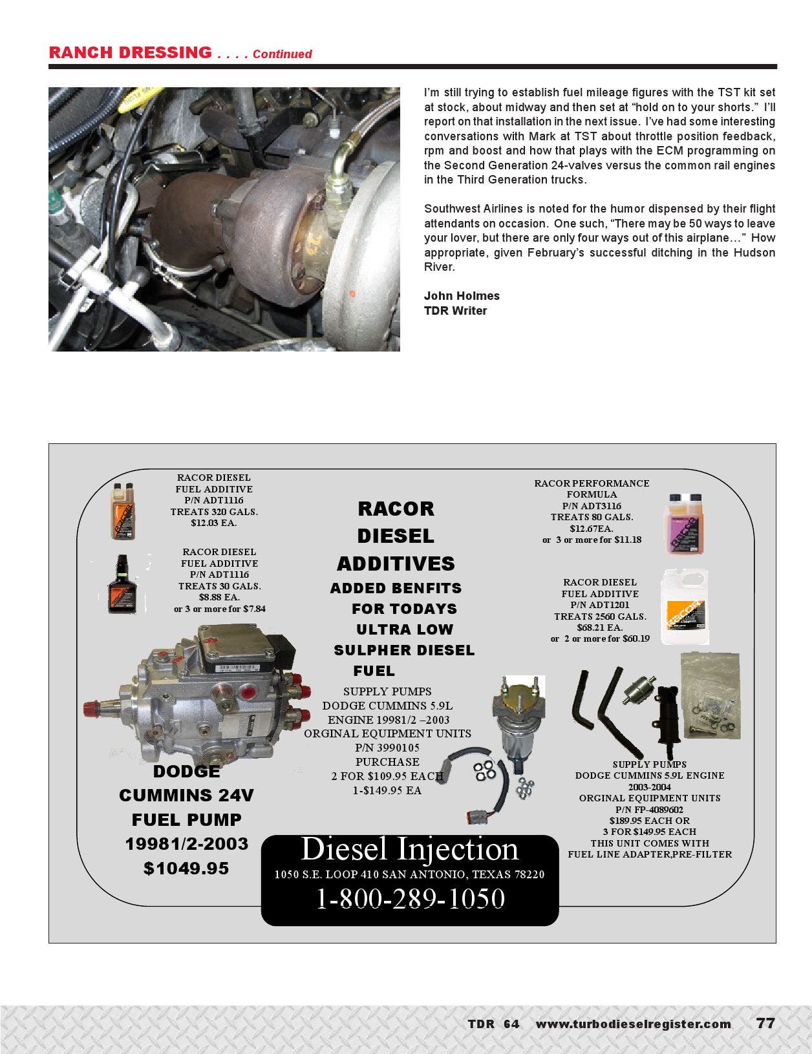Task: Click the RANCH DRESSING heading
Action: click(x=129, y=52)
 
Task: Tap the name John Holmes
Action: click(x=462, y=296)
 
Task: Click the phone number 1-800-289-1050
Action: click(x=410, y=899)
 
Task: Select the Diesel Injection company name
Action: click(x=410, y=849)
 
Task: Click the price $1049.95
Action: click(x=186, y=869)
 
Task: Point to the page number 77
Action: click(x=765, y=1024)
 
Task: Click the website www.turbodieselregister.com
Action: click(x=633, y=1024)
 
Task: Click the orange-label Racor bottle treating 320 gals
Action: click(x=122, y=511)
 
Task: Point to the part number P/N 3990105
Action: click(x=387, y=748)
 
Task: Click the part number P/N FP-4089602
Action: click(x=649, y=809)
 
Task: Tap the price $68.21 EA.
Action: click(x=599, y=627)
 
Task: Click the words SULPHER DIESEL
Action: click(x=404, y=650)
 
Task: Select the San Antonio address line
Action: click(x=410, y=874)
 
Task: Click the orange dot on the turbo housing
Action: click(x=352, y=294)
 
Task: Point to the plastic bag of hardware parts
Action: click(x=710, y=695)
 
